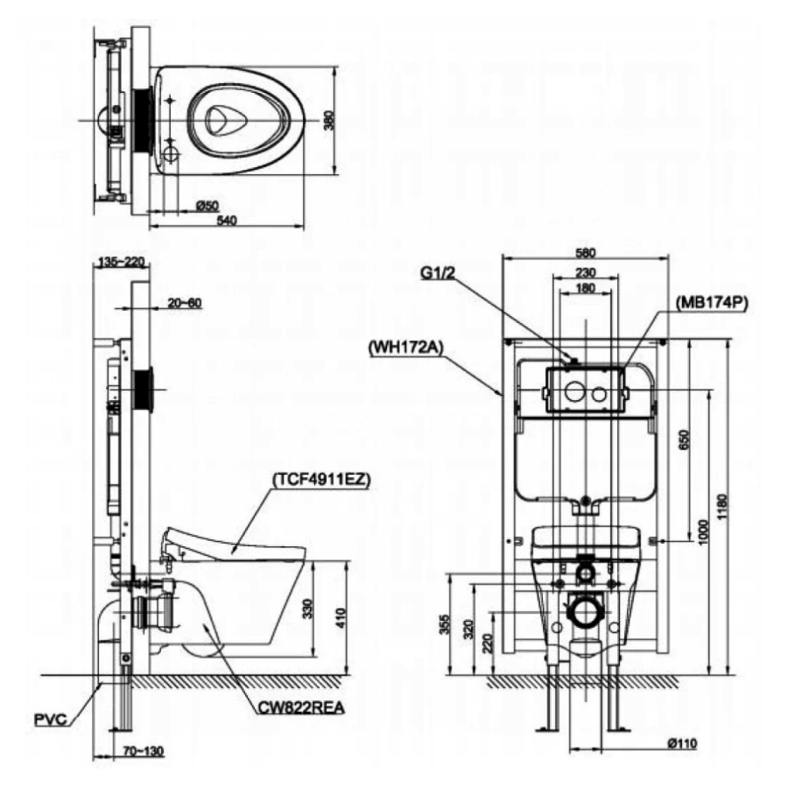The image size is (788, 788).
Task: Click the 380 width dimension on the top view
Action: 328,120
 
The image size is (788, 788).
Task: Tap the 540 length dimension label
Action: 226,220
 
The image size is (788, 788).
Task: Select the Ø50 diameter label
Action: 207,205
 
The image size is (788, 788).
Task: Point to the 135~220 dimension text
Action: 121,262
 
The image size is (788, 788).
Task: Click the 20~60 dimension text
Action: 185,303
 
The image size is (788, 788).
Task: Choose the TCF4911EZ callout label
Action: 321,480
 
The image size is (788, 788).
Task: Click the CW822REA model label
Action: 301,707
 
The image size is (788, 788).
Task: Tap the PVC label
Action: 50,719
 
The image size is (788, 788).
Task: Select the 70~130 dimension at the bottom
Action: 144,751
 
